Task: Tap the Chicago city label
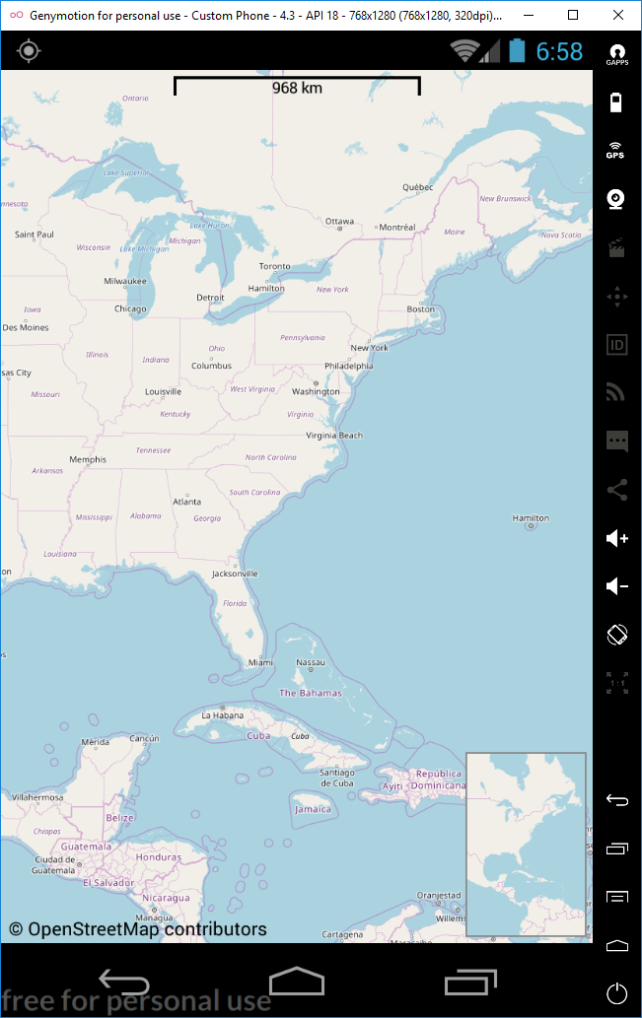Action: click(130, 308)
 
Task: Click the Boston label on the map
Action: click(421, 308)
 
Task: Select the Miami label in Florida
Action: click(260, 662)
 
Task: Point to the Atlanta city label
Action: click(186, 502)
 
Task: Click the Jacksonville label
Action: click(235, 573)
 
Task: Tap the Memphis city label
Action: click(88, 459)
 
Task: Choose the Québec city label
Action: click(418, 187)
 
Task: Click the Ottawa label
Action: click(339, 221)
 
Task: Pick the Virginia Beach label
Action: click(334, 435)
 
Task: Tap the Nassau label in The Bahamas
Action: click(311, 662)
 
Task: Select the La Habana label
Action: click(221, 714)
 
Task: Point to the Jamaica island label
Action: click(313, 809)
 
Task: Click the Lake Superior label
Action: click(125, 172)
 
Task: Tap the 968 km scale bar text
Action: click(297, 88)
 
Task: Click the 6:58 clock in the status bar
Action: click(559, 51)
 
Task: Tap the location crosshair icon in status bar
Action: click(29, 51)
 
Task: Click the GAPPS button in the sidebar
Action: click(616, 53)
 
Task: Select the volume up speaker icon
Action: click(617, 538)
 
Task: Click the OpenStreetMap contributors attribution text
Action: click(138, 929)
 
